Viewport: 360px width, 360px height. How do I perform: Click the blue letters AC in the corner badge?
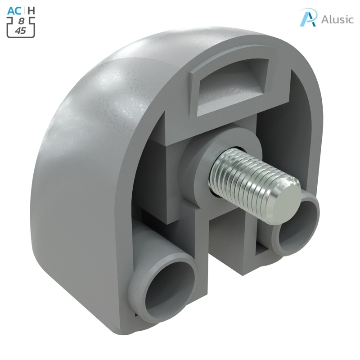point(14,9)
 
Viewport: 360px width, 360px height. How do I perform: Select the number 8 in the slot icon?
point(21,21)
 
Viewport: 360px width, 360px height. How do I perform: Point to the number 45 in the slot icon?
point(20,31)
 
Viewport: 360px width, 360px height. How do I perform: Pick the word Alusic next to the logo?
point(337,19)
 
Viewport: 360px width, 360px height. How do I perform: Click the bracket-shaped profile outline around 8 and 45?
point(9,27)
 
